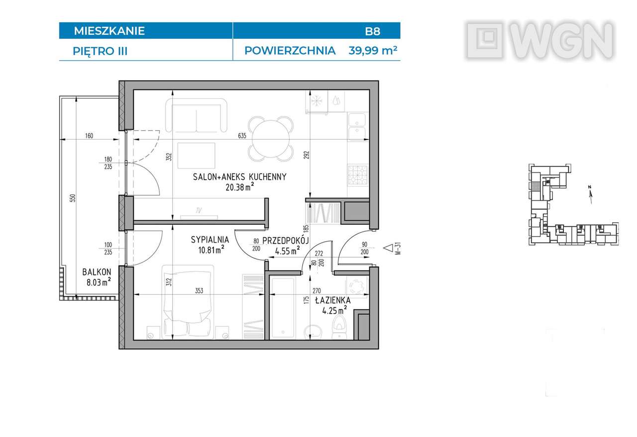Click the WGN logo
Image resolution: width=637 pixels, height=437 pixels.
point(540,40)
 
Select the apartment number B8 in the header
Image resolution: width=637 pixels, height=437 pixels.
point(372,31)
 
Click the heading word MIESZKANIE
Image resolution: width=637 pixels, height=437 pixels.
point(109,31)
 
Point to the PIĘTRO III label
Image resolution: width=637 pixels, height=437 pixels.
point(100,51)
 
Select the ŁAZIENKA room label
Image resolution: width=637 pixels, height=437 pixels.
point(332,300)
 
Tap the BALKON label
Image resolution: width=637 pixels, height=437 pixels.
point(97,272)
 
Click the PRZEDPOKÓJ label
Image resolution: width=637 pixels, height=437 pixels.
point(286,240)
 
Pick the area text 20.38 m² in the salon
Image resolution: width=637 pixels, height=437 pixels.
point(239,186)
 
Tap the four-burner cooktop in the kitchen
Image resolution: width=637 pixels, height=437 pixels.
point(357,175)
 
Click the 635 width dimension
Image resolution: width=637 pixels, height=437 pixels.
point(242,135)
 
